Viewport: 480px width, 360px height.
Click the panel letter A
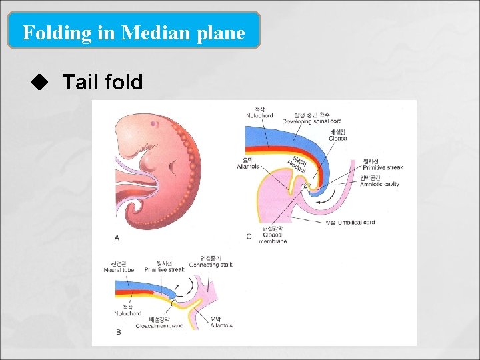(117, 237)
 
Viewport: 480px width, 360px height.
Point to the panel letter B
(118, 331)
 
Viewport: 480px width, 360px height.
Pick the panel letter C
(249, 237)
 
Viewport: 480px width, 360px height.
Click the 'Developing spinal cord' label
(311, 121)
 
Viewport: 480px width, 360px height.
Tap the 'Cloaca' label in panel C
(337, 139)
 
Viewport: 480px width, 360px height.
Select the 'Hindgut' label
(298, 165)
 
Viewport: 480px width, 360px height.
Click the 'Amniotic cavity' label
(379, 184)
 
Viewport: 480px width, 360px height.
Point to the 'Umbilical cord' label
(355, 222)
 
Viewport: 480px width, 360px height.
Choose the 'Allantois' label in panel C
(248, 167)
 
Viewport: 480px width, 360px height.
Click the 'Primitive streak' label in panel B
(165, 270)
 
